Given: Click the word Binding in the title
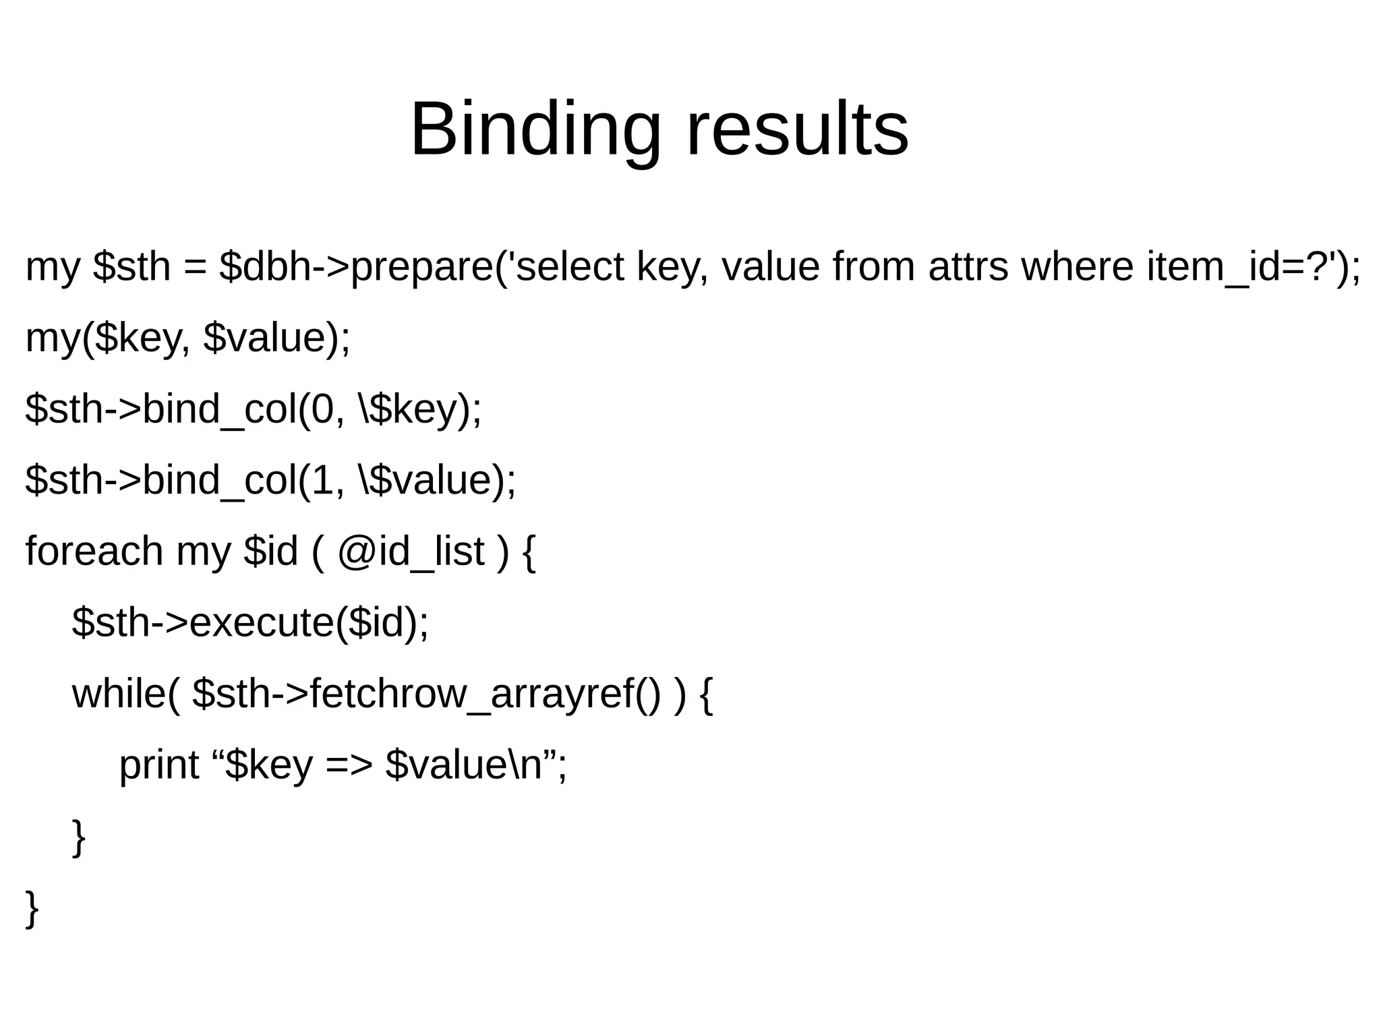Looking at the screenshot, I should coord(535,129).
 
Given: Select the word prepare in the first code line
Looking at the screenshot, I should coord(422,268).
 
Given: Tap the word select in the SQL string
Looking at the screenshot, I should coord(570,266).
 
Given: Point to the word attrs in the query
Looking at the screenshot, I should coord(968,266).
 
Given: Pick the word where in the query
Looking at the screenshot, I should coord(1077,266).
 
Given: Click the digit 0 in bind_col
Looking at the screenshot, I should coord(322,409).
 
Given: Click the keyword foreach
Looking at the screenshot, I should coord(94,552).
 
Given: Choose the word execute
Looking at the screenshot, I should coord(262,622).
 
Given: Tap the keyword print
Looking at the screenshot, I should coord(159,766).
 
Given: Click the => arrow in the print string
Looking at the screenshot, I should coord(349,766).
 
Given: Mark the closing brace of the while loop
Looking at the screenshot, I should coord(79,837).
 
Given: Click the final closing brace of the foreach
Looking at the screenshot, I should coord(32,909).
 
